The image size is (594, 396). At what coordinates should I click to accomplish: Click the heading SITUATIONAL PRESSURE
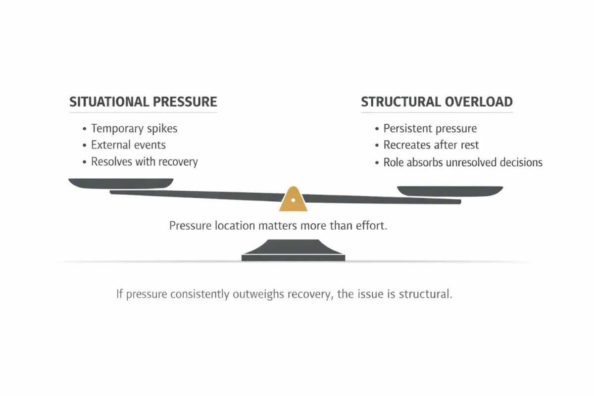[x=143, y=102]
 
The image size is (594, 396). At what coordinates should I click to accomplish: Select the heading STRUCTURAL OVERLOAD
[x=437, y=102]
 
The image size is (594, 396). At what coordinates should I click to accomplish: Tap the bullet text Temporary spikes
[x=134, y=129]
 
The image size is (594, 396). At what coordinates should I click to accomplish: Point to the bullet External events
[x=128, y=145]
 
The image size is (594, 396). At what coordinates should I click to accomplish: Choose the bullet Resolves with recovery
[x=144, y=162]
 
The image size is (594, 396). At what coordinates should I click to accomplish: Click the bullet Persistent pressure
[x=430, y=129]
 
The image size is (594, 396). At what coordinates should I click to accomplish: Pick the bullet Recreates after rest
[x=431, y=145]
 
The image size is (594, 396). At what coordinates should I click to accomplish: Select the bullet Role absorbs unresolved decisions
[x=462, y=162]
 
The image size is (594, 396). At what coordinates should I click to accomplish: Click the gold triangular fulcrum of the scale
[x=293, y=200]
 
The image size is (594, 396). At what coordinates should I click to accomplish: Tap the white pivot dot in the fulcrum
[x=293, y=200]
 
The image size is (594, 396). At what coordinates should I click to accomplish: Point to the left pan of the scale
[x=121, y=183]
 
